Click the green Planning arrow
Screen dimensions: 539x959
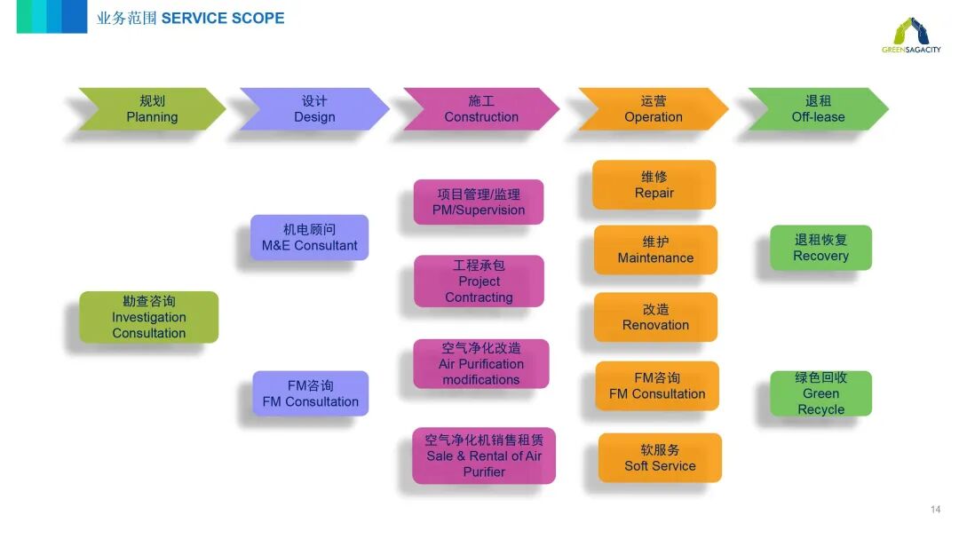click(x=151, y=109)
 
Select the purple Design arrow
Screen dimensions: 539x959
click(x=314, y=109)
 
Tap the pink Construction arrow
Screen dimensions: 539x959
click(x=480, y=109)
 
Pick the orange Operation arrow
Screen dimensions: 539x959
click(x=653, y=109)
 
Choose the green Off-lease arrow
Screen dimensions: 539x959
click(x=818, y=109)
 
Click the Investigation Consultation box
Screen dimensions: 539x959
click(x=149, y=317)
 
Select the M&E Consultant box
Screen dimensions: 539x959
click(x=309, y=237)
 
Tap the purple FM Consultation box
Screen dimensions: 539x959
click(x=310, y=393)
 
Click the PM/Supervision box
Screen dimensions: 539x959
click(x=479, y=202)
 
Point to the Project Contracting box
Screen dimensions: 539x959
click(x=479, y=281)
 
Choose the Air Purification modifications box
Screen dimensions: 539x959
click(x=481, y=364)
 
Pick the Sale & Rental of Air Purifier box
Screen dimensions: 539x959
click(x=484, y=456)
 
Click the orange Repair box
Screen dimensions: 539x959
click(x=654, y=185)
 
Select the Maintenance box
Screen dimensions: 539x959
click(x=655, y=250)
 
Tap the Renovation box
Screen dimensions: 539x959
click(x=655, y=317)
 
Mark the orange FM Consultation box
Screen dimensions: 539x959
click(x=657, y=385)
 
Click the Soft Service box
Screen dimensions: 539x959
click(x=660, y=457)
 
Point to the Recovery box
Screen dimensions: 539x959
click(x=820, y=248)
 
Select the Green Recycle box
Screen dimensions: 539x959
click(x=820, y=393)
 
